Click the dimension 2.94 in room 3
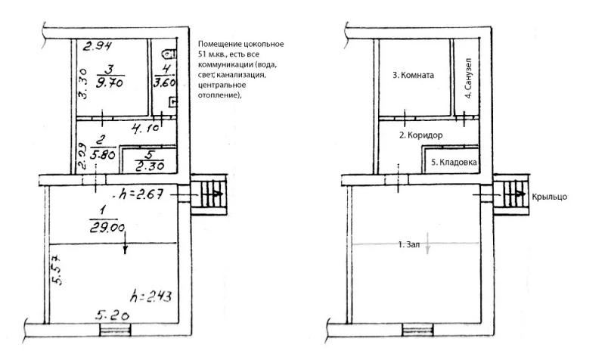point(98,46)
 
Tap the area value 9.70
point(110,82)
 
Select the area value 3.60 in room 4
point(164,82)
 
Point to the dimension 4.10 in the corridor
point(145,128)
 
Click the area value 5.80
point(103,155)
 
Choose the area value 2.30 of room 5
point(150,166)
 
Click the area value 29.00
point(107,228)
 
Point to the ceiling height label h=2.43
point(150,296)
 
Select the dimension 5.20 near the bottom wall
point(112,315)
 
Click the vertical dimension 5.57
point(57,269)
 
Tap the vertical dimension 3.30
point(82,84)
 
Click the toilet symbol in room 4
point(170,54)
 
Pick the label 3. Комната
point(413,75)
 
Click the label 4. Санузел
point(468,79)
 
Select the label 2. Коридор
point(421,135)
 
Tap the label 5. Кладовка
point(454,163)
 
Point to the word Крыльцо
point(550,197)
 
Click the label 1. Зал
point(409,244)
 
